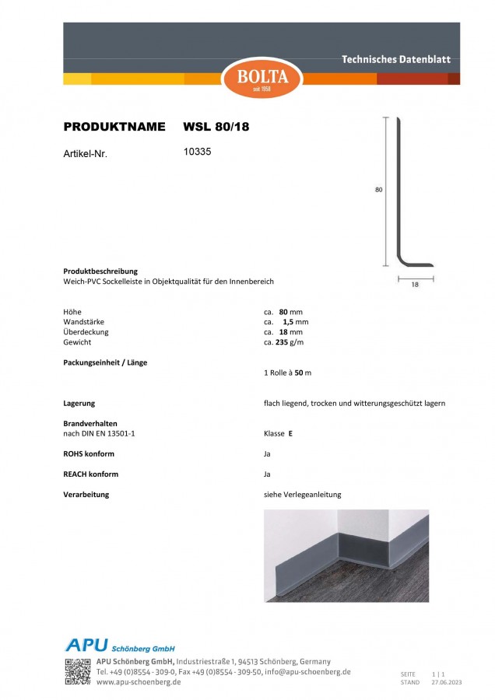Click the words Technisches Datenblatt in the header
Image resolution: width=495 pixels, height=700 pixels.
point(396,60)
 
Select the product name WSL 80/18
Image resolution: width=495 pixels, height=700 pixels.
point(216,126)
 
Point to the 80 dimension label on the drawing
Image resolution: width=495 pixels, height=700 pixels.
point(378,189)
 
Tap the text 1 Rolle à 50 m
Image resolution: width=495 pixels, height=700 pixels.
point(288,373)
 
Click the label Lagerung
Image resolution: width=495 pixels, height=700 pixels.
point(79,403)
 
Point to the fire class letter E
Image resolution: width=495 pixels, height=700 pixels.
point(290,433)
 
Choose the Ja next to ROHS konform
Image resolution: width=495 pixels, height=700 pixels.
point(268,453)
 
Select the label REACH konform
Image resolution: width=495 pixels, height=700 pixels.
point(91,474)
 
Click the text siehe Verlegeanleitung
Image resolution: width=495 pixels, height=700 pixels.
point(303,495)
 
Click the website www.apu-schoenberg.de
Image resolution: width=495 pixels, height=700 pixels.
point(139,681)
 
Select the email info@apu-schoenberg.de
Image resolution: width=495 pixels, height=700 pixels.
point(307,671)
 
